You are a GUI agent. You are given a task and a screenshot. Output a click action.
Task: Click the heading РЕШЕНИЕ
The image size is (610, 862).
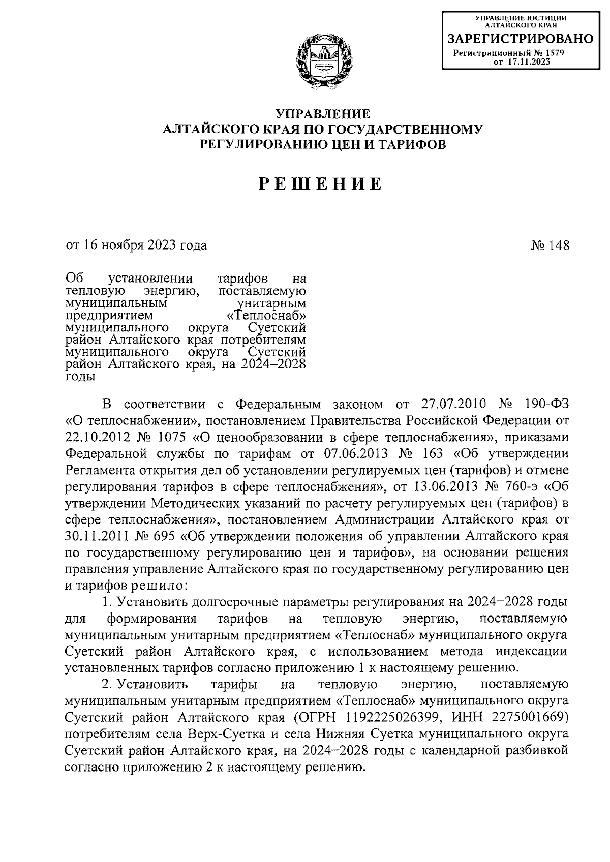(320, 183)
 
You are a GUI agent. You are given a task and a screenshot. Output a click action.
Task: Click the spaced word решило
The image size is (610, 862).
(160, 586)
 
